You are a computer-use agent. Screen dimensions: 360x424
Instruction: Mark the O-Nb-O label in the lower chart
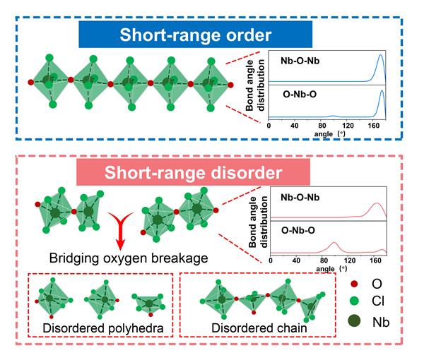point(293,229)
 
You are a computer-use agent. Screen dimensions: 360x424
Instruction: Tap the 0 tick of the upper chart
point(269,126)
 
